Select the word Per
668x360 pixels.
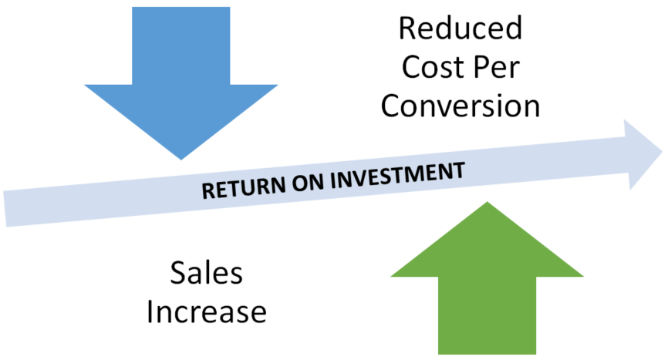tap(496, 67)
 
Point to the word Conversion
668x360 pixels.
tap(460, 106)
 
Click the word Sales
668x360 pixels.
tap(206, 274)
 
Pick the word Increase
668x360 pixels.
tap(206, 312)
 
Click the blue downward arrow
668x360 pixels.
tap(180, 85)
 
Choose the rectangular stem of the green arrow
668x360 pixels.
tap(487, 316)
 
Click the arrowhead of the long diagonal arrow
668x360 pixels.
tap(642, 154)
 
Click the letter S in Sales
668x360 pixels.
tap(178, 274)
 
